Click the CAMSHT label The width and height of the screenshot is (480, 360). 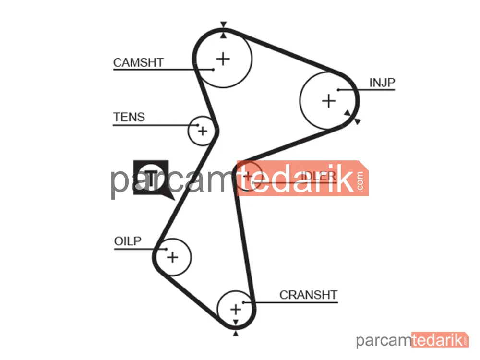(138, 62)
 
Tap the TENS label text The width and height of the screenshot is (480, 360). (129, 117)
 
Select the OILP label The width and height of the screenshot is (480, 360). (128, 241)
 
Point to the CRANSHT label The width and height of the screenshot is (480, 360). (308, 295)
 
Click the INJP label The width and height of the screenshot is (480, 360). (382, 83)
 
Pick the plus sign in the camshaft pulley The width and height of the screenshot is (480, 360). (223, 59)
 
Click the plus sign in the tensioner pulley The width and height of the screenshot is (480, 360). (203, 131)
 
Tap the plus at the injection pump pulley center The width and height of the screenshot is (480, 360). (329, 101)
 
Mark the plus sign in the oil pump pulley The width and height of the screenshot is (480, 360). (172, 257)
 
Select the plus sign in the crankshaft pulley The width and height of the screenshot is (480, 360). (236, 309)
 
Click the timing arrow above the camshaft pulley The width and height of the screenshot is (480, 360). (224, 24)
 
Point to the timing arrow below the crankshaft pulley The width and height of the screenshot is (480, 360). (235, 334)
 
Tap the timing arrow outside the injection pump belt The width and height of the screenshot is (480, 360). (358, 121)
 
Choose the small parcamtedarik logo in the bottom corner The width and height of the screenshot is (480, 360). (412, 340)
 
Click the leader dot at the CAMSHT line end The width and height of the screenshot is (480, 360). (213, 70)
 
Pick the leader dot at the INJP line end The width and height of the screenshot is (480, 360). (338, 90)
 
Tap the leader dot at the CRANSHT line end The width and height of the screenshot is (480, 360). (243, 302)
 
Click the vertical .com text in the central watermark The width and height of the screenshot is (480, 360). (360, 181)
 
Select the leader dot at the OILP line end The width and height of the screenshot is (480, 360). (166, 249)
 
